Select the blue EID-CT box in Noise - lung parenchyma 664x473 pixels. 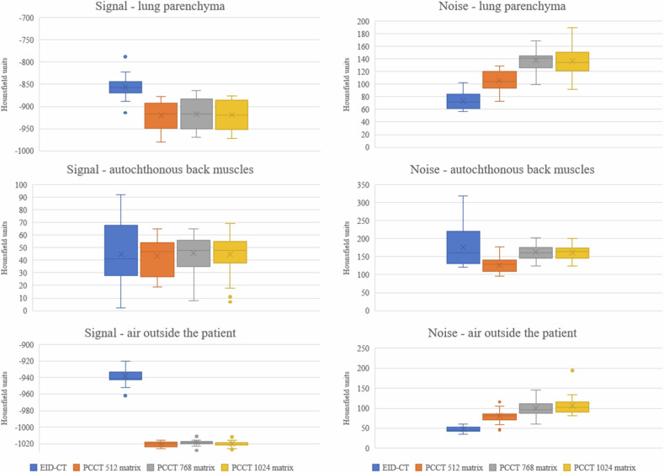(462, 101)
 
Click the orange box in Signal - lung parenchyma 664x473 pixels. (161, 115)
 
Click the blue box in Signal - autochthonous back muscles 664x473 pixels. (121, 250)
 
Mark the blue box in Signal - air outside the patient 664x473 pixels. (125, 375)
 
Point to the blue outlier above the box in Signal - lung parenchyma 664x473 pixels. (125, 56)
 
